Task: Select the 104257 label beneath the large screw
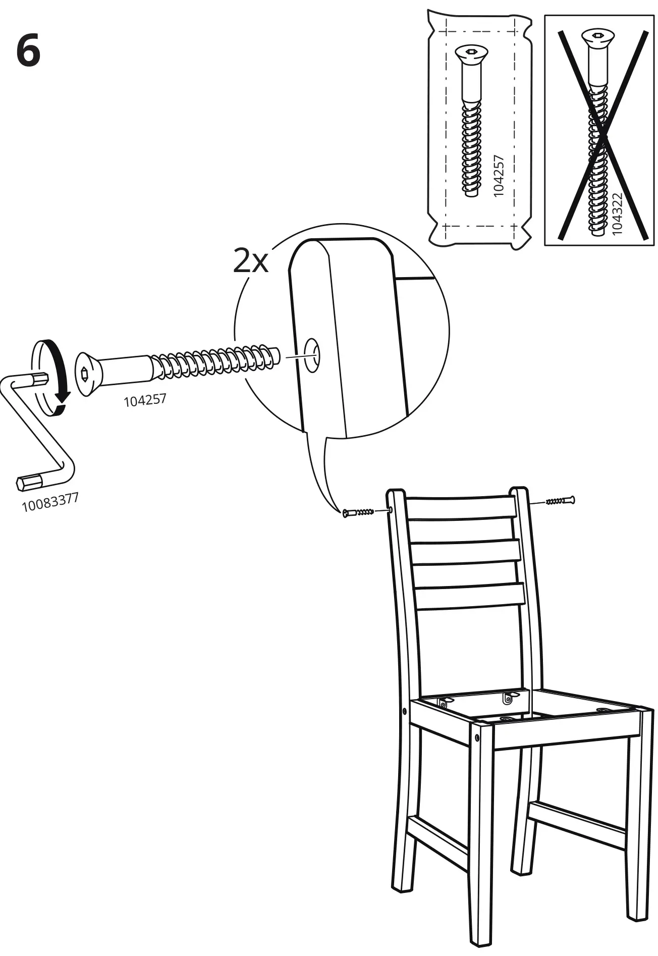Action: tap(145, 400)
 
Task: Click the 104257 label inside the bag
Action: tap(499, 175)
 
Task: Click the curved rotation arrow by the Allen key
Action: tap(60, 374)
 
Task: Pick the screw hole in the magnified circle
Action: tap(312, 356)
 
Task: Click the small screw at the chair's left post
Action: tap(358, 513)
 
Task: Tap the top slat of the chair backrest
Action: tap(460, 507)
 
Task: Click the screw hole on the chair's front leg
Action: tap(478, 738)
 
